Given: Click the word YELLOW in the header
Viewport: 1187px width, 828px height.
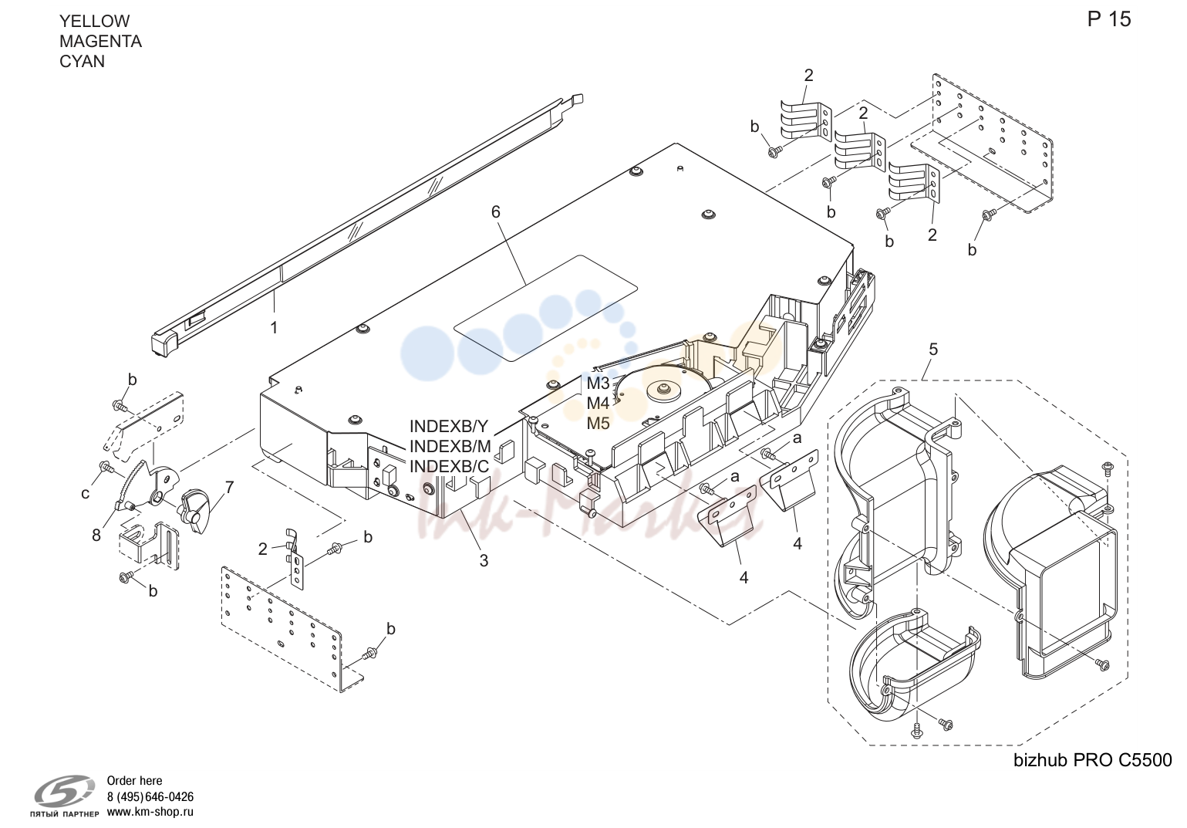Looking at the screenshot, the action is [x=94, y=21].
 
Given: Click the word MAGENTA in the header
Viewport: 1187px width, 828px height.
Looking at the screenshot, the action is [x=101, y=42].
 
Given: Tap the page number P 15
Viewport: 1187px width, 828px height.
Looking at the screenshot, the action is [x=1109, y=19].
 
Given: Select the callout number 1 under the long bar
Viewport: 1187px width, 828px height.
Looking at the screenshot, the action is [x=274, y=328].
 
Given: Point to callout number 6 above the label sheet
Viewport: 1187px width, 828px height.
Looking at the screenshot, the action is [x=495, y=212].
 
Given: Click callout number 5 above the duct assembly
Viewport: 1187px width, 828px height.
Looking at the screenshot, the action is [x=933, y=350].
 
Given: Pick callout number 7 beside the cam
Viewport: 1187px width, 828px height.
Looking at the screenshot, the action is [x=229, y=487].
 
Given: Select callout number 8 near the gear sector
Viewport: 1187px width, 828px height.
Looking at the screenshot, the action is [x=96, y=536].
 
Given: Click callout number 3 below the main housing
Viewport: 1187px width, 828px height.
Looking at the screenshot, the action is [x=484, y=561].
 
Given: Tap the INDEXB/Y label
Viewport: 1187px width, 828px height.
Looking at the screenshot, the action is [x=449, y=427].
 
